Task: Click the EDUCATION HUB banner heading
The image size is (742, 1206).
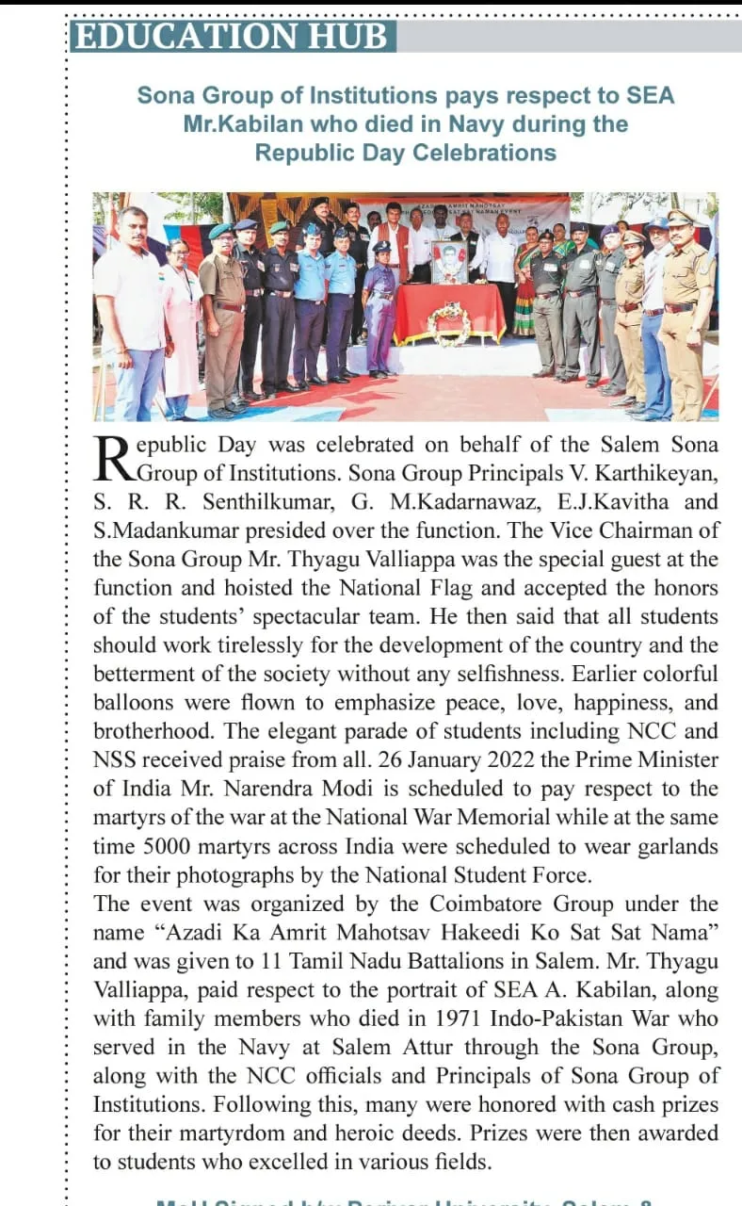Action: coord(232,36)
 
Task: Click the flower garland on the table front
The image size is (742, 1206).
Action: coord(449,322)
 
